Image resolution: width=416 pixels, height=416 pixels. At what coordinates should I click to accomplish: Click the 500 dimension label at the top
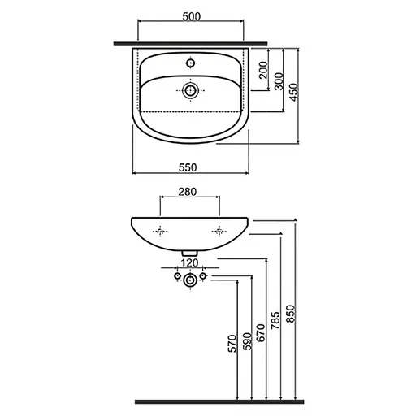click(192, 17)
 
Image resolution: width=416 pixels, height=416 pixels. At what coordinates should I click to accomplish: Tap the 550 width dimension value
click(188, 167)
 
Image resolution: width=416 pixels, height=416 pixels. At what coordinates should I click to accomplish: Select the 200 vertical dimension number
click(263, 70)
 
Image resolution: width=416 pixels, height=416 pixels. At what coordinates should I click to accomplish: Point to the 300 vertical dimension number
click(279, 81)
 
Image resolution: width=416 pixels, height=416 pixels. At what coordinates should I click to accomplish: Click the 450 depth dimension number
click(294, 92)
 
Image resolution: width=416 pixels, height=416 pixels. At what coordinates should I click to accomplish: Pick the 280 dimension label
click(188, 192)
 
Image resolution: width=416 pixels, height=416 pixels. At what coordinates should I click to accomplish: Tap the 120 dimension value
click(189, 262)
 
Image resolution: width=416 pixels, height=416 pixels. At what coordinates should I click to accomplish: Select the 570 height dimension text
click(232, 344)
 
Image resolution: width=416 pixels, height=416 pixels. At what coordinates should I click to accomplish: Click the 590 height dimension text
click(248, 341)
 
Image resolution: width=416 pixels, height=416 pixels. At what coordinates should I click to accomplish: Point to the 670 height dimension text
click(261, 332)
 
